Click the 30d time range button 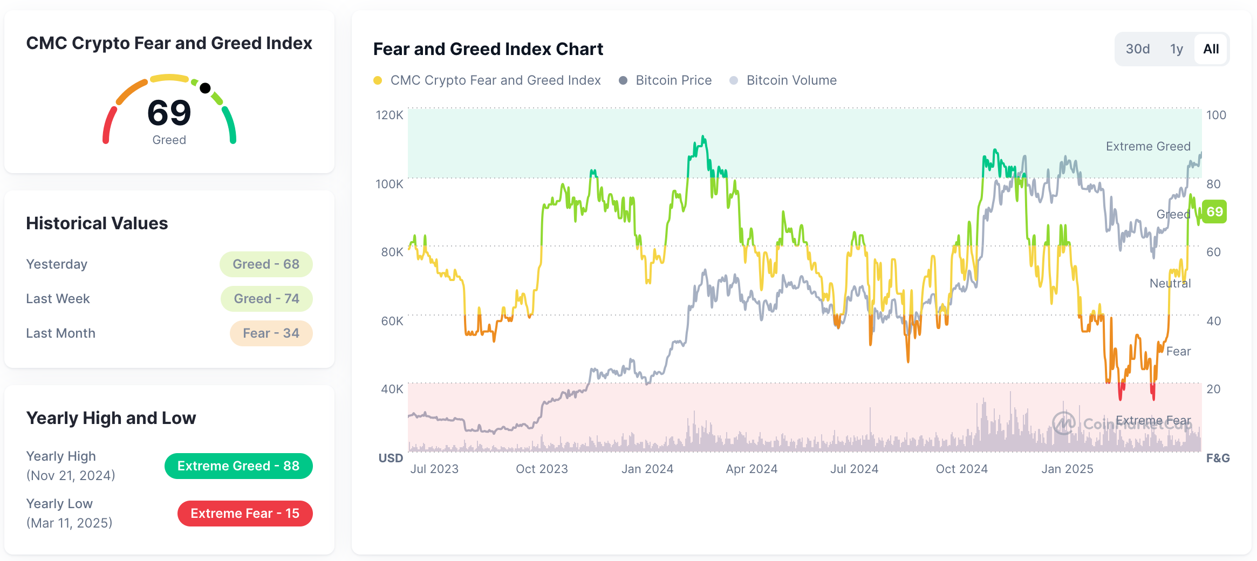point(1137,49)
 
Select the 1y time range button point(1176,49)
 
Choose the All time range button point(1211,49)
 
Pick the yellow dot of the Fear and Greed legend point(378,80)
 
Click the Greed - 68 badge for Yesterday point(266,264)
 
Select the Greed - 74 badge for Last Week point(267,299)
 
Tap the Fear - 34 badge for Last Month point(271,333)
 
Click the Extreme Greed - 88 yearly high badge point(238,466)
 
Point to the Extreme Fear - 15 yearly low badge point(245,514)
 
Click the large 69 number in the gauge point(169,113)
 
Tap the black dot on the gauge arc point(205,88)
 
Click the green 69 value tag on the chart point(1214,211)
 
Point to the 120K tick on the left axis point(390,115)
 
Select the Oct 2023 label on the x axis point(542,469)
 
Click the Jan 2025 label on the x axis point(1067,469)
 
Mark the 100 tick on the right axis point(1216,115)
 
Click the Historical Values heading point(97,223)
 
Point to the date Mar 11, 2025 point(70,523)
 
